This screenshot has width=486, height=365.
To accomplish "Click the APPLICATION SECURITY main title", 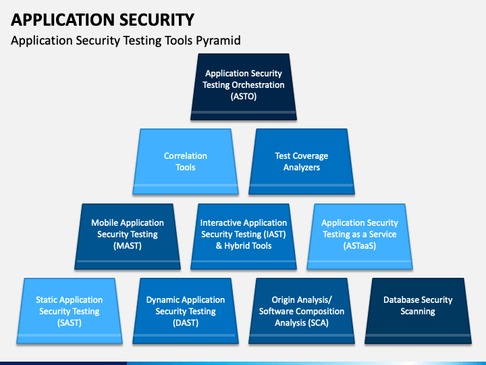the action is pos(103,20).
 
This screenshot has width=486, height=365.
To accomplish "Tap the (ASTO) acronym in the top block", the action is pos(244,96).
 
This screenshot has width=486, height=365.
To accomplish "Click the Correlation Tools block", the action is pos(186,162).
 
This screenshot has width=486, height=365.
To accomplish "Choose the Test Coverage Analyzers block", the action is pos(302,162).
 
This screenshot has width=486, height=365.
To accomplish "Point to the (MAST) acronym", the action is pos(128,246).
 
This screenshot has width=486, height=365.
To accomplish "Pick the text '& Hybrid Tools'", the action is pos(244,246).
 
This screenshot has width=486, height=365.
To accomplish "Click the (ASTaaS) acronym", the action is pos(360,246).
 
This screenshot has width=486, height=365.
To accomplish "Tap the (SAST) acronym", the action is pos(70,323).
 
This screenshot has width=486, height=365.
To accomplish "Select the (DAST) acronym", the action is pos(186,323).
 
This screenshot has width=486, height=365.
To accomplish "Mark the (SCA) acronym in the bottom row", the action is pos(319,323).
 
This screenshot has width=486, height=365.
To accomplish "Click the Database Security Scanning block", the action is pos(418,311).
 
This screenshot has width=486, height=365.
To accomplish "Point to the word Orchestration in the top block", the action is pos(258,84).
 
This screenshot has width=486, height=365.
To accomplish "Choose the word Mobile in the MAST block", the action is pos(103,222).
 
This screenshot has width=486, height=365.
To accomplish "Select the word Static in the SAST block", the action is pos(46,299).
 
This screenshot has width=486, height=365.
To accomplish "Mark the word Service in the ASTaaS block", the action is pos(383,234).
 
